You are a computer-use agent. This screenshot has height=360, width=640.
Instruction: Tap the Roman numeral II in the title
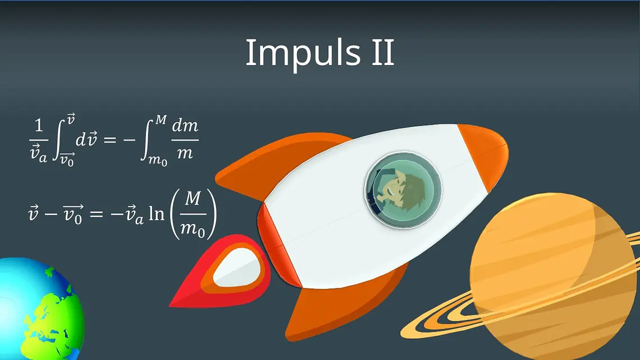pyautogui.click(x=383, y=52)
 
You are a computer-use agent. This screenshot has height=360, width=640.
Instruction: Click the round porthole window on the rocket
pyautogui.click(x=403, y=190)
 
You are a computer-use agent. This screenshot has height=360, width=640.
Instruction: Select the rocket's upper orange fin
pyautogui.click(x=277, y=163)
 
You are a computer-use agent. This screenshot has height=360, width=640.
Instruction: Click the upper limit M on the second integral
pyautogui.click(x=161, y=120)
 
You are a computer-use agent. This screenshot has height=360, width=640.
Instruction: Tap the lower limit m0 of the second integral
pyautogui.click(x=157, y=160)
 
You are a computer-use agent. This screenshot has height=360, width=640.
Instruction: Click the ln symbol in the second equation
pyautogui.click(x=156, y=213)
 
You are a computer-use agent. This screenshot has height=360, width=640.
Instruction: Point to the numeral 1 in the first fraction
pyautogui.click(x=39, y=125)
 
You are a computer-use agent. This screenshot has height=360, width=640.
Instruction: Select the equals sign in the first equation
pyautogui.click(x=109, y=140)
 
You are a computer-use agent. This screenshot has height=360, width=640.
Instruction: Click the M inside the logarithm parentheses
pyautogui.click(x=193, y=199)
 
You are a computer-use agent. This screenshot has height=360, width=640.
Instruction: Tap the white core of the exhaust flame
pyautogui.click(x=237, y=268)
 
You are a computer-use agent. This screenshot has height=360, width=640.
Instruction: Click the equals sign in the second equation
pyautogui.click(x=96, y=213)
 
